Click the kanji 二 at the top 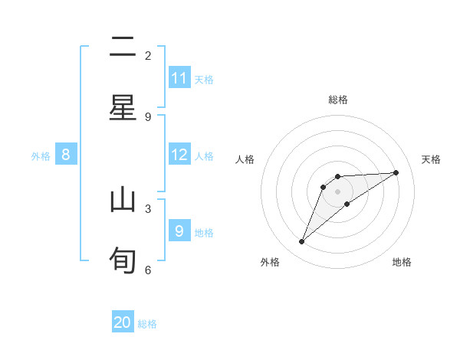[123, 48]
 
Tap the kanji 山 [123, 201]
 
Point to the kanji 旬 [123, 259]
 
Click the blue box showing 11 [179, 78]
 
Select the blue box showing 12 [179, 155]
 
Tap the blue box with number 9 [179, 231]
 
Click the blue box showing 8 [66, 155]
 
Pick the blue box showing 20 [123, 323]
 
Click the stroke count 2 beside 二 [148, 55]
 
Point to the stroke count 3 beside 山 [148, 208]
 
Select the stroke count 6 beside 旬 [148, 270]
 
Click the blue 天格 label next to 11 [204, 79]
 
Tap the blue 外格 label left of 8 [41, 155]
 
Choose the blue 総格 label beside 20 [147, 324]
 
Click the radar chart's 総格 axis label [338, 100]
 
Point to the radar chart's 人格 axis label [245, 159]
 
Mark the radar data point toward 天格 [396, 172]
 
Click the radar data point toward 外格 [302, 242]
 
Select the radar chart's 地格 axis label [402, 262]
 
